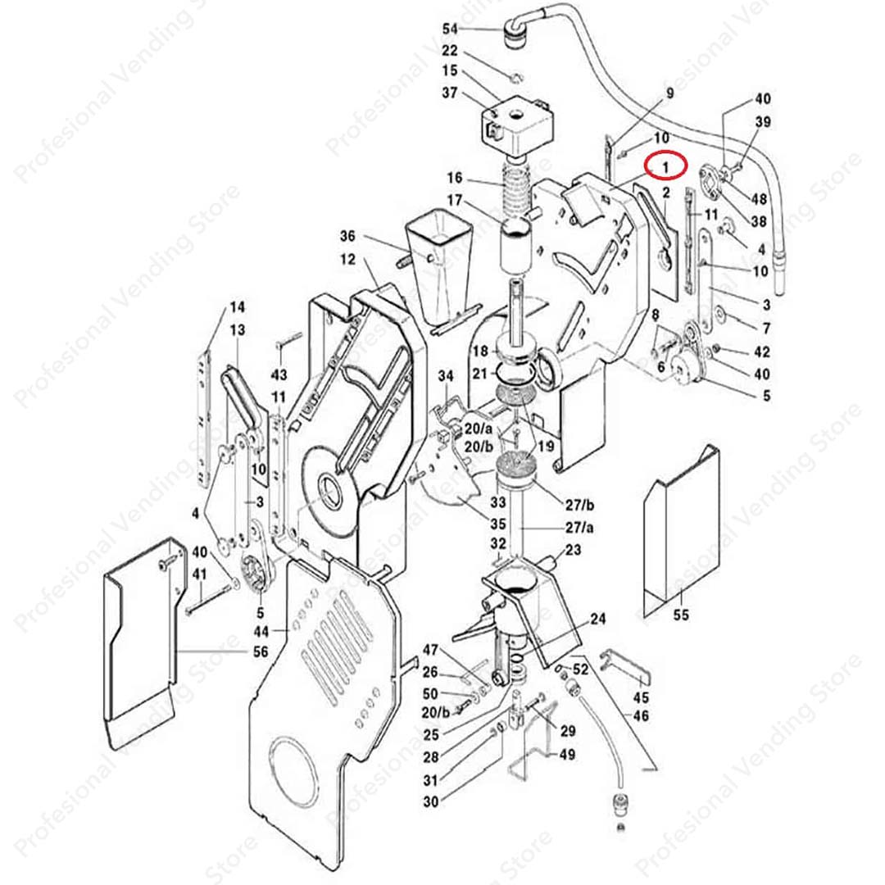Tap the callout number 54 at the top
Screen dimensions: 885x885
coord(450,29)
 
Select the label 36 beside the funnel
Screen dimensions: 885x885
coord(347,237)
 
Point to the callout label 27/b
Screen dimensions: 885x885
coord(578,502)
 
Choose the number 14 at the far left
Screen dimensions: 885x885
coord(236,308)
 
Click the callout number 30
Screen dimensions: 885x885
coord(431,803)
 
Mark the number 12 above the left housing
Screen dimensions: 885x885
coord(347,259)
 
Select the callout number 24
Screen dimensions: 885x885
coord(597,620)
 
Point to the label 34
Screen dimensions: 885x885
coord(445,375)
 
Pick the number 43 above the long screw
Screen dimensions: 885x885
coord(279,374)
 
